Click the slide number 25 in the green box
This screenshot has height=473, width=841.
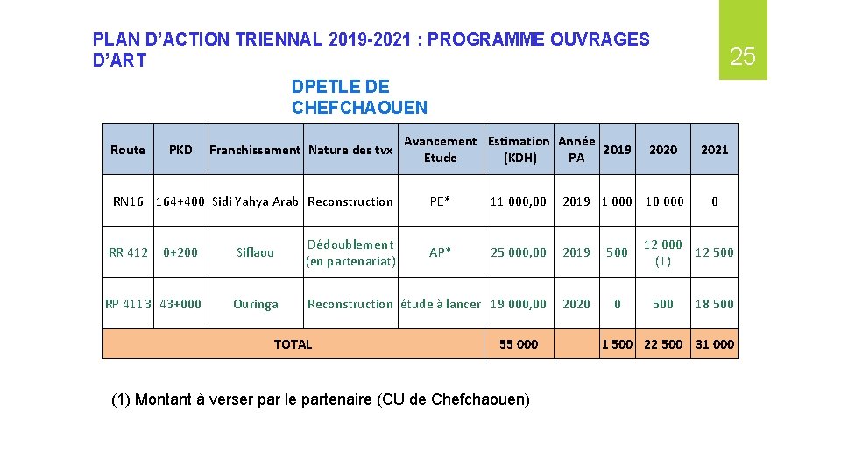tap(742, 58)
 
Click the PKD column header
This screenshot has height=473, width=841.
tap(180, 150)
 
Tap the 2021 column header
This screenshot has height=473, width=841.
tap(714, 150)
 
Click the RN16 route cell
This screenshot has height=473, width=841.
tap(128, 201)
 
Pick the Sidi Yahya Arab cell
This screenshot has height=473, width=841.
tap(255, 201)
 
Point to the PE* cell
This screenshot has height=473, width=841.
tap(440, 201)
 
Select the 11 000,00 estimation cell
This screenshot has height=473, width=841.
tap(519, 201)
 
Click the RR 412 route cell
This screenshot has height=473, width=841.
tap(128, 252)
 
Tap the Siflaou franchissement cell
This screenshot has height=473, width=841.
tap(255, 252)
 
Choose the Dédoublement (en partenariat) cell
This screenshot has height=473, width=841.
tap(350, 252)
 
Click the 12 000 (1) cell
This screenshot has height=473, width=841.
tap(663, 252)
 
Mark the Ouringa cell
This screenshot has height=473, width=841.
tap(255, 304)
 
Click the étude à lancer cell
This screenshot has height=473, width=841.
tap(440, 304)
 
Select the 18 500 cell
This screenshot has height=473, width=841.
tap(714, 304)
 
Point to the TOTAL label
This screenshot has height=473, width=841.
tap(293, 344)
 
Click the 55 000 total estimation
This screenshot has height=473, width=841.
tap(519, 344)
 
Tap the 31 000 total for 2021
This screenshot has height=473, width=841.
tap(714, 344)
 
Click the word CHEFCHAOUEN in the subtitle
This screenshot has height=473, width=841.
tap(359, 108)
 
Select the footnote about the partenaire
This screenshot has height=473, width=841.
tap(321, 399)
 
